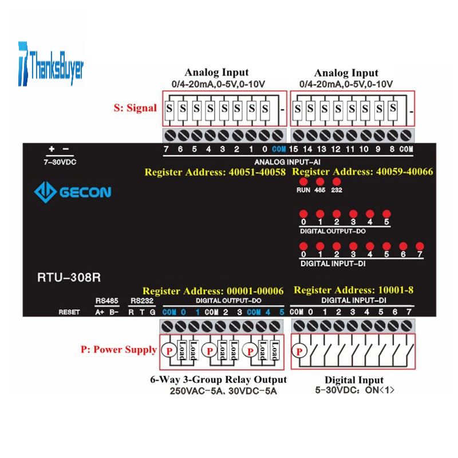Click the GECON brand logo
[72, 192]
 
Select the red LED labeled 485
[319, 181]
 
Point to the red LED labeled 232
[337, 181]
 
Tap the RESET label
[68, 312]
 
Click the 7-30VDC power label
[60, 162]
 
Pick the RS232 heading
[141, 301]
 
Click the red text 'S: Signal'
[135, 108]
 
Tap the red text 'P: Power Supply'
[119, 350]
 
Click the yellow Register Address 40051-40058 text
[215, 172]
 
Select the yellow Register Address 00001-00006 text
[213, 291]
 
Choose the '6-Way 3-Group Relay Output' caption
[219, 380]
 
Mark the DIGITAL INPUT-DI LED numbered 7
[420, 245]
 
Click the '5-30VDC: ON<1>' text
[354, 391]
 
